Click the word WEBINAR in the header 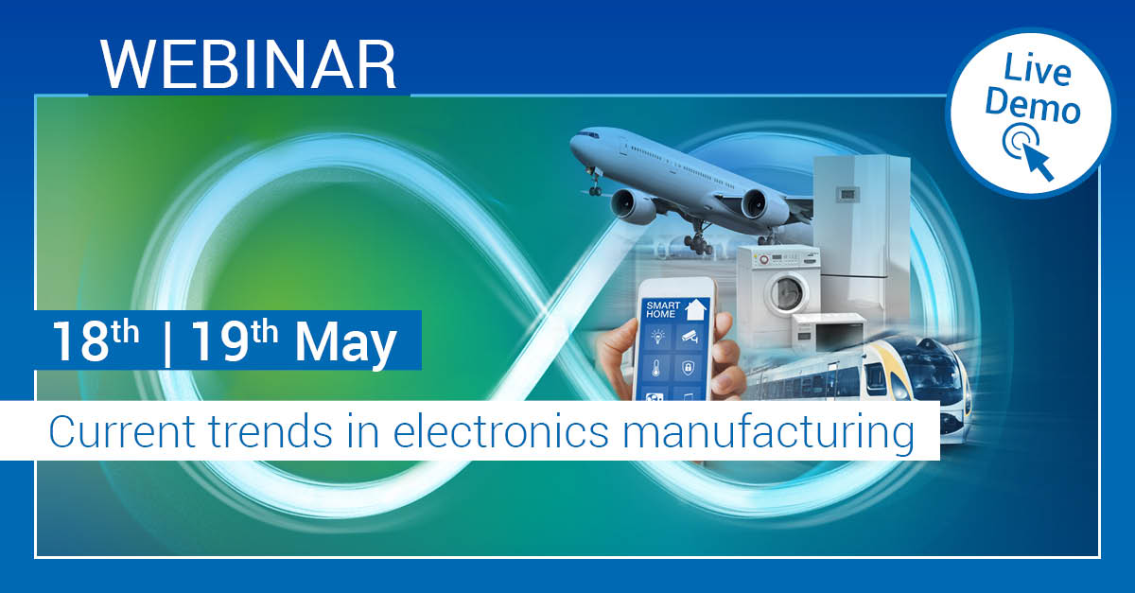[249, 64]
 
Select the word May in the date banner [345, 344]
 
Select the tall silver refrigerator [861, 227]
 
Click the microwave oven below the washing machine [827, 331]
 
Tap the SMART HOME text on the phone [662, 310]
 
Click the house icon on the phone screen [697, 307]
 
